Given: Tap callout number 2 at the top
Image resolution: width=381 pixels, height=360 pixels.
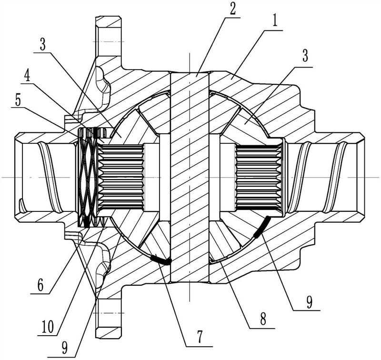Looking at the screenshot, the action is (x=232, y=9).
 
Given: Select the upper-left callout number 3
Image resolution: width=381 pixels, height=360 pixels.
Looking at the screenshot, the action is (x=43, y=44).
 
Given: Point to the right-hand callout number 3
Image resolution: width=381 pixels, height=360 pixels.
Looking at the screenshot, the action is (x=305, y=55).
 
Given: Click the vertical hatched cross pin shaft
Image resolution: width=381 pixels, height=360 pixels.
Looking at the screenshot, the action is (x=190, y=177).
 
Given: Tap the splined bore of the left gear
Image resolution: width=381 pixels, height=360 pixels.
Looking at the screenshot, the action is (x=121, y=177).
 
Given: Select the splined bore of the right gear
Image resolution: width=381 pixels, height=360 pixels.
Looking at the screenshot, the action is (x=259, y=177).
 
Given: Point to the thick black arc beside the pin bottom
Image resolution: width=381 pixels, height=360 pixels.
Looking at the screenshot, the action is (x=161, y=259).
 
